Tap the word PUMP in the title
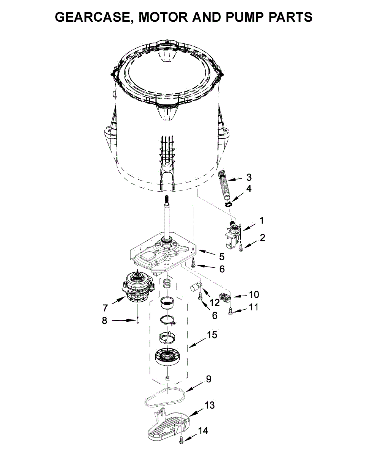(244, 17)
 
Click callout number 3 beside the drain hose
(249, 177)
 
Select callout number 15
(212, 335)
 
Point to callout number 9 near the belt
(208, 379)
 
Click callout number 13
(210, 405)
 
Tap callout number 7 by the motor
(105, 307)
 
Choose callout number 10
(254, 294)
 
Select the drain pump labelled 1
(233, 235)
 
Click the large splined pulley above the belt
(167, 356)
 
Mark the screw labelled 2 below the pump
(241, 248)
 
